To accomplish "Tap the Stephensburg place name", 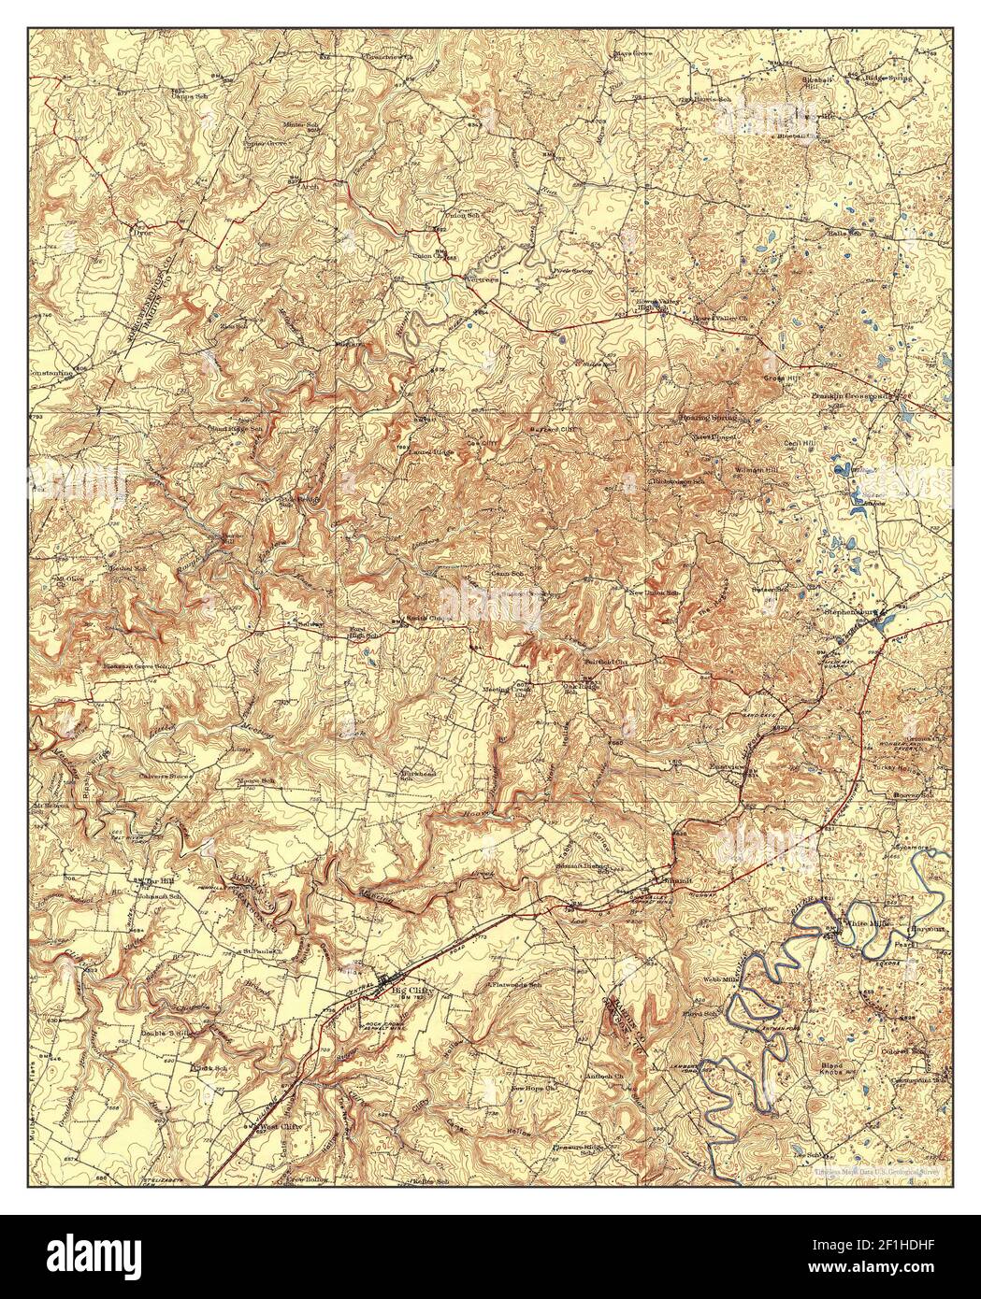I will [847, 614].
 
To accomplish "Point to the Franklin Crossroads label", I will [852, 396].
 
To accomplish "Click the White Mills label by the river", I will [868, 923].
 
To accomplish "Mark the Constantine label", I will [52, 372].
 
